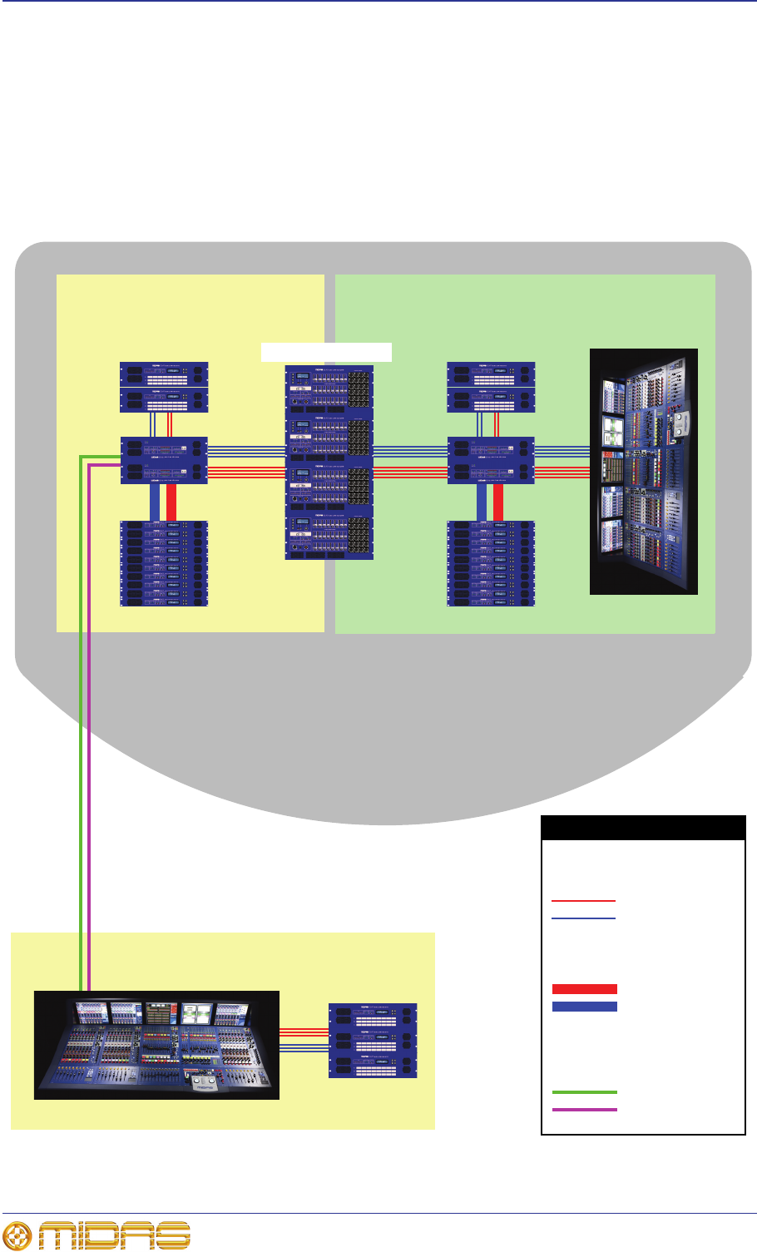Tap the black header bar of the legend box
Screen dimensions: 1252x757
click(x=643, y=828)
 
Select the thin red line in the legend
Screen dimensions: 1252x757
click(x=583, y=901)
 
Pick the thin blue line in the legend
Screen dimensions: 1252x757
click(x=583, y=918)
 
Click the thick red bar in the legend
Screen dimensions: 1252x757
click(x=584, y=989)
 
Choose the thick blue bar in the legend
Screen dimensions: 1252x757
click(x=584, y=1007)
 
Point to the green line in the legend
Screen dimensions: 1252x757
click(x=584, y=1092)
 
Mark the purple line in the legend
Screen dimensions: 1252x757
click(x=584, y=1110)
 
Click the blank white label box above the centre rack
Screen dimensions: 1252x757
click(x=326, y=351)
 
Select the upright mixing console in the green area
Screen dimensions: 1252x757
click(x=643, y=472)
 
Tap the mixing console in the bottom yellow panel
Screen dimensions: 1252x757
click(x=156, y=1045)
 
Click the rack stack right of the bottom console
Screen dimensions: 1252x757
click(x=373, y=1041)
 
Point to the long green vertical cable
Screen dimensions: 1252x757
click(x=81, y=707)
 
